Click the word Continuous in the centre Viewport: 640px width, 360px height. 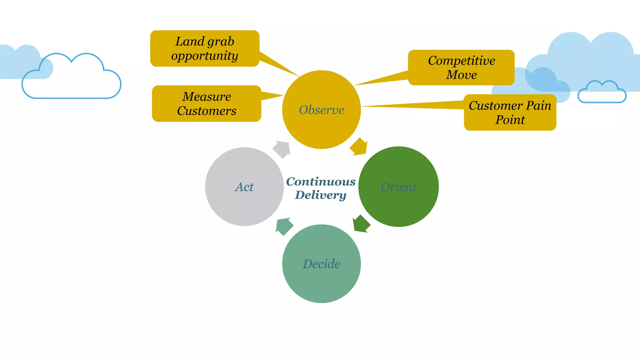tap(321, 182)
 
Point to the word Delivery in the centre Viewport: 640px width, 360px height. tap(321, 195)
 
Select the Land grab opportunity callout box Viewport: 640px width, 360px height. tap(205, 48)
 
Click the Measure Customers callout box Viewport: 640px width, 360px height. tap(207, 103)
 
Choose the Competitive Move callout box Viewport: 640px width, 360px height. tap(461, 67)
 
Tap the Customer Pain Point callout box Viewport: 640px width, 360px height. tap(510, 112)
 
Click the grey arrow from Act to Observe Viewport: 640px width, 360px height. tap(282, 149)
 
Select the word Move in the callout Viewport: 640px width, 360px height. tap(461, 75)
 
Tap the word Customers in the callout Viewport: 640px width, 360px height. tap(207, 111)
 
